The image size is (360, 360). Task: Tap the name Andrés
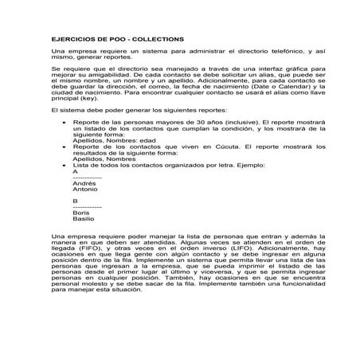coord(72,182)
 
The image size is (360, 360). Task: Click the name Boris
coord(70,213)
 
